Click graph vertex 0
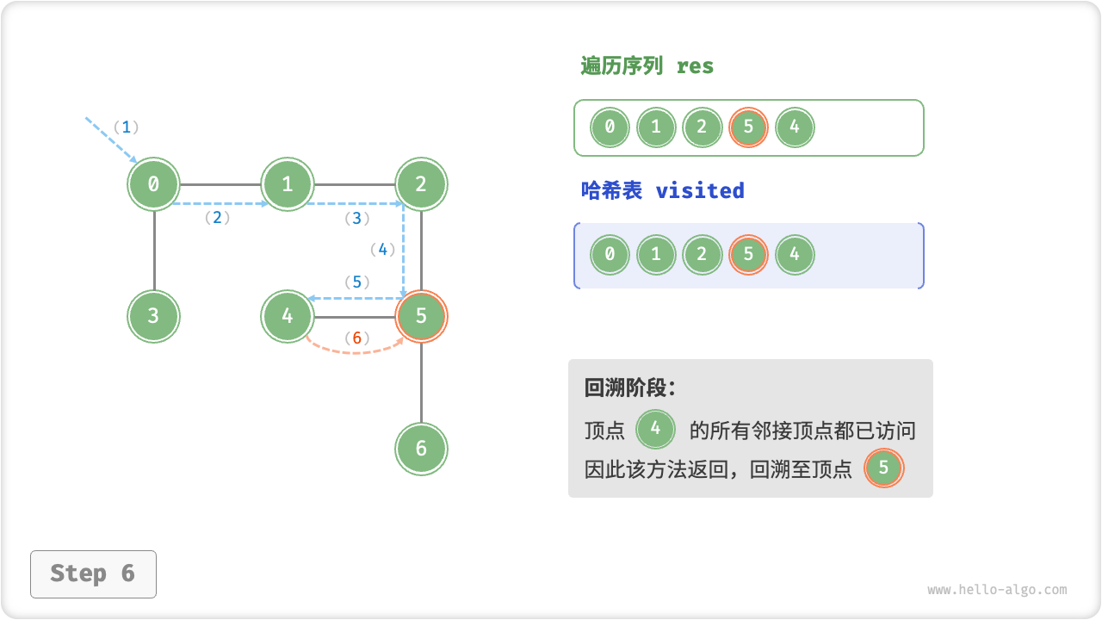(154, 183)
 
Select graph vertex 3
(154, 316)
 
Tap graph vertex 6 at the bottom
(421, 449)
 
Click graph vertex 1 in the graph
(288, 183)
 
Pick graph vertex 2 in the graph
(421, 183)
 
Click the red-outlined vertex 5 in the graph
(421, 316)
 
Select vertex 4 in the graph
(288, 316)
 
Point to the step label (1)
(126, 127)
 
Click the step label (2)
(217, 218)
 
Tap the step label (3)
(357, 219)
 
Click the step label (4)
(382, 250)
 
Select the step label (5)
(356, 282)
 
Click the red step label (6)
(356, 338)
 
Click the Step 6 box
(93, 573)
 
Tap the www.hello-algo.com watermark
(997, 590)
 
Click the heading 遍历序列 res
(647, 66)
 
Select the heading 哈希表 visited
(662, 190)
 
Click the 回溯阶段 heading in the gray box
(630, 387)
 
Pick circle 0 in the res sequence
(610, 128)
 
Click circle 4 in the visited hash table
(794, 255)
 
